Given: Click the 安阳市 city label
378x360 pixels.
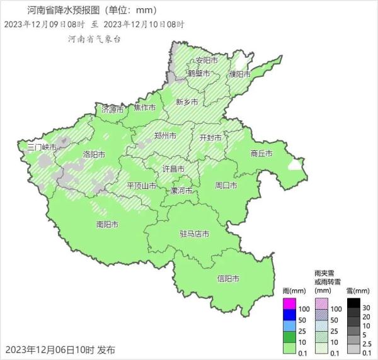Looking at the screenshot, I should point(207,60).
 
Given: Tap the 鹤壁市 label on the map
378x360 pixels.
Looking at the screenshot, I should point(200,74).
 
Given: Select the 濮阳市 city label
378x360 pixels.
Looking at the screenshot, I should point(240,74).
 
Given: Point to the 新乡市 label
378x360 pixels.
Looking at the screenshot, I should point(186,102).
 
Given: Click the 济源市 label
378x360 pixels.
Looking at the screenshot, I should point(113,110).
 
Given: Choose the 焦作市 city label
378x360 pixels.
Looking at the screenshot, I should point(145,108).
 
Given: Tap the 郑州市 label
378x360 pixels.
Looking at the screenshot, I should point(165,135).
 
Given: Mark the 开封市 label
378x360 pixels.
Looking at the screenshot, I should point(210,137).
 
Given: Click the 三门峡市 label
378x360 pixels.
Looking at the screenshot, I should point(42,147).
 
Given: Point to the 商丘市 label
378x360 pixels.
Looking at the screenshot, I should point(261,153).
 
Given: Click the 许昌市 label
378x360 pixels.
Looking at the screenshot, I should point(173,169).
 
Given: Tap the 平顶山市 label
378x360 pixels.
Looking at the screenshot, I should point(142,186).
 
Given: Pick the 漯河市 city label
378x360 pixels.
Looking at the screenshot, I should point(181,190).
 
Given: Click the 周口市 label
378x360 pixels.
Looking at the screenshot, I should point(226,186).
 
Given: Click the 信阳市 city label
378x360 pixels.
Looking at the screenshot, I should point(228,279).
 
